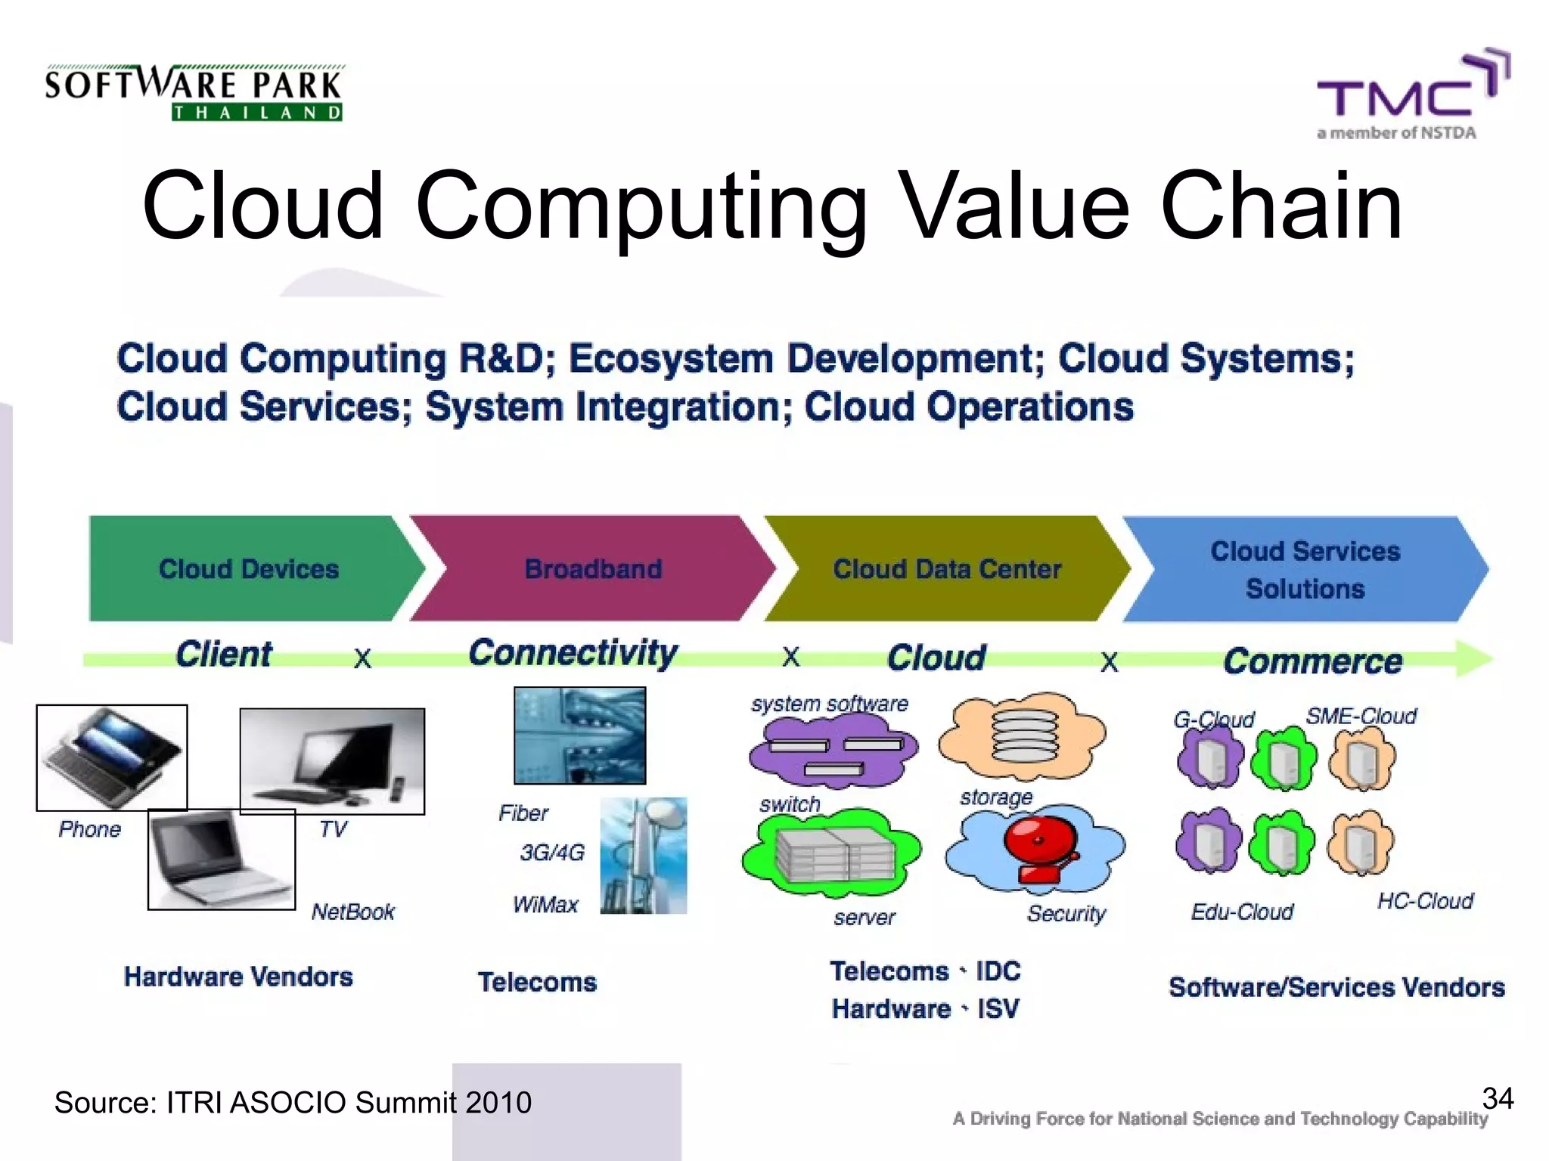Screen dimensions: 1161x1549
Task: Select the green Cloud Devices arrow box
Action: point(250,569)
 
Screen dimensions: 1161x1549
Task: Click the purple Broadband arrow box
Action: point(593,569)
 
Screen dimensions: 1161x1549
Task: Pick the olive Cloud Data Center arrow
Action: point(947,569)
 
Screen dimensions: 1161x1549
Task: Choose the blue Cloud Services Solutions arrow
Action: point(1305,569)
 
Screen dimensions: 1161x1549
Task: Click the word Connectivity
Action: point(573,653)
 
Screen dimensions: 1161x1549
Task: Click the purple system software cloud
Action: point(832,748)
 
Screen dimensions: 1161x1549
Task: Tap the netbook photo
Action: point(221,859)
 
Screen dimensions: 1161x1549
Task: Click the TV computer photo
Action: point(332,761)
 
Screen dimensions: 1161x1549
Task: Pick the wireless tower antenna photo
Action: point(644,856)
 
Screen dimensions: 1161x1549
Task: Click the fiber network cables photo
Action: point(580,735)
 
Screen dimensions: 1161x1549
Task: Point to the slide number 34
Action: point(1498,1098)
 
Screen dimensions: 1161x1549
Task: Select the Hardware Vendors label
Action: point(238,977)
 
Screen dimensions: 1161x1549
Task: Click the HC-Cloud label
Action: point(1425,901)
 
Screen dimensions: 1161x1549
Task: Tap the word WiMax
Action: point(545,905)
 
